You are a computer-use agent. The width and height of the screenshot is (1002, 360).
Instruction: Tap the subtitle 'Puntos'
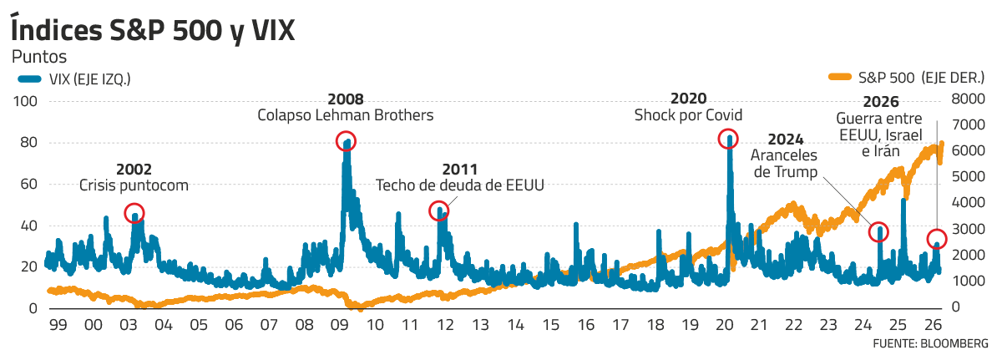coord(38,58)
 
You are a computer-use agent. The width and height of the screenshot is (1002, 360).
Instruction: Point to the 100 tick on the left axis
coord(28,101)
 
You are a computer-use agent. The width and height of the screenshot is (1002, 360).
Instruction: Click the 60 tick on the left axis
coord(32,185)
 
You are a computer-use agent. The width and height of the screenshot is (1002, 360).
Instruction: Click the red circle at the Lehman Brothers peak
coord(346,141)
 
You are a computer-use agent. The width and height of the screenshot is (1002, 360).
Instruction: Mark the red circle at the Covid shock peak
coord(729,139)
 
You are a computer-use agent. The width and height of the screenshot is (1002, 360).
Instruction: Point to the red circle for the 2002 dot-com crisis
coord(134,212)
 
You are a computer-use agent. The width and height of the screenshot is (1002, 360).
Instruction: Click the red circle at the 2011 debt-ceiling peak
coord(439,210)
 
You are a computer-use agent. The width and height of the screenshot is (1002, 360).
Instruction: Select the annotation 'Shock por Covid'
coord(688,114)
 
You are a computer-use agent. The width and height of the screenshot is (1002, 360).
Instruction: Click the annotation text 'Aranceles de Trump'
coord(784,163)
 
